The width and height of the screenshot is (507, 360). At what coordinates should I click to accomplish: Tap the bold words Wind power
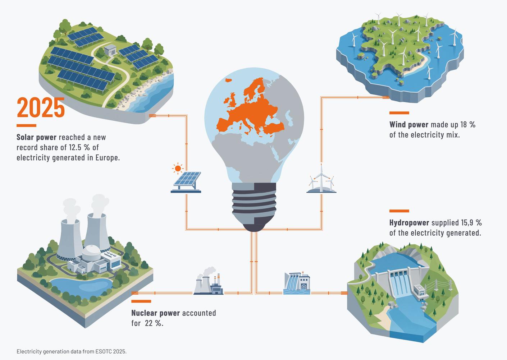pos(409,125)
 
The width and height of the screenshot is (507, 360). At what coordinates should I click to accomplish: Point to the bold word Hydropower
pos(409,223)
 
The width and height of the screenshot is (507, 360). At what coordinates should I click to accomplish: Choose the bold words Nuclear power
pos(155,313)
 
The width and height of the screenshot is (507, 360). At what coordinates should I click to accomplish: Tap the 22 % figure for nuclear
pos(154,323)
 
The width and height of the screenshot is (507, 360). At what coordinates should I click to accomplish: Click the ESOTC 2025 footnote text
pos(72,351)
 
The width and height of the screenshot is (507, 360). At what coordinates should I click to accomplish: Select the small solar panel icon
pos(186,182)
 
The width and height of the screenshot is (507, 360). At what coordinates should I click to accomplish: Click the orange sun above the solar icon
pos(178,169)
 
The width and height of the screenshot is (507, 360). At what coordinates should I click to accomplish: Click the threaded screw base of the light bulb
pos(254,207)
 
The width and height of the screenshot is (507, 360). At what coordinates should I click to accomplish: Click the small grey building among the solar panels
pos(110,50)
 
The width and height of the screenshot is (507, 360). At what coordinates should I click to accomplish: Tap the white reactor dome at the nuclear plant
pos(91,253)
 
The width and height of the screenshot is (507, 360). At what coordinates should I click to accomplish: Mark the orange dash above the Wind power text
pos(399,113)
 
